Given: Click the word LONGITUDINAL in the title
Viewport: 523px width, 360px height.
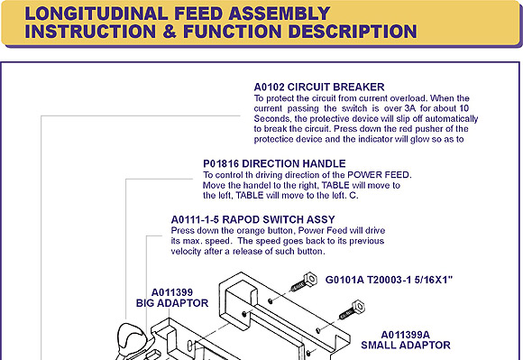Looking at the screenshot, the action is pos(96,14).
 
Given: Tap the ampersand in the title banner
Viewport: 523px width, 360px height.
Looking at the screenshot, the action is pos(170,32).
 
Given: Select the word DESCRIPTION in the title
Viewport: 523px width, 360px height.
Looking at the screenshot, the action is pos(353,32).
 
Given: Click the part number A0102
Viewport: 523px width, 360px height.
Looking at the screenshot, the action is pos(270,88).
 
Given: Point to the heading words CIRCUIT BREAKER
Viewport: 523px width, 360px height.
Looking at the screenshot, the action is pos(335,88).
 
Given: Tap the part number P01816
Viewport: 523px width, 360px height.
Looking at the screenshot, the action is pos(221,164).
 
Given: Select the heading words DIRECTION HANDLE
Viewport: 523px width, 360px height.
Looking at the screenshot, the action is pos(294,164).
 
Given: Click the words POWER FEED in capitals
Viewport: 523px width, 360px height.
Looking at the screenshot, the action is pos(378,175).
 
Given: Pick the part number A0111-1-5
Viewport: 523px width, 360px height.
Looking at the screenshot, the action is pos(195,219).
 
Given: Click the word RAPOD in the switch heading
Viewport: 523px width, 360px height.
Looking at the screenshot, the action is pos(241,219).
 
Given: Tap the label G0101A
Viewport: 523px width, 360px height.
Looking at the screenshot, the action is pos(344,280).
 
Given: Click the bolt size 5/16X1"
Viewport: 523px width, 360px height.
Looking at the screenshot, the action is pos(433,280).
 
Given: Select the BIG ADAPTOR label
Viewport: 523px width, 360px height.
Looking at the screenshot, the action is pos(172,303).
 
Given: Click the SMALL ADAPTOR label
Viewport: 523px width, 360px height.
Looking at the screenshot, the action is pos(406,345).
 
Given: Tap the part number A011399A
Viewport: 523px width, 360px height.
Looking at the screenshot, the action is pos(405,335).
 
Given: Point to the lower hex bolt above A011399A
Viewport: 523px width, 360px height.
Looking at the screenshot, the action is pos(352,309).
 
